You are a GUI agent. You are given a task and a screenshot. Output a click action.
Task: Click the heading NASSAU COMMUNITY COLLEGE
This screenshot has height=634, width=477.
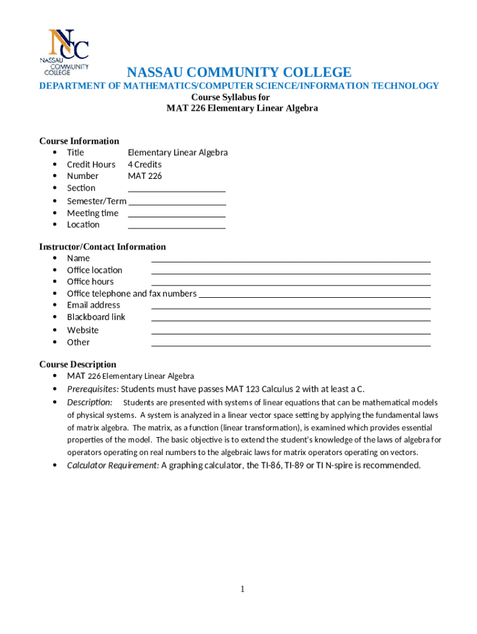pyautogui.click(x=239, y=72)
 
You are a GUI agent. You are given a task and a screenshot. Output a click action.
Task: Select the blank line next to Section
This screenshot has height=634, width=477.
pyautogui.click(x=176, y=189)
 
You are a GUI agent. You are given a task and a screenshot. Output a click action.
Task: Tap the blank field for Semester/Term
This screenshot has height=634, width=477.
pyautogui.click(x=177, y=202)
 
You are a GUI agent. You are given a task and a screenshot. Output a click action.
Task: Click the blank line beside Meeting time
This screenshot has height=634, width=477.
pyautogui.click(x=176, y=214)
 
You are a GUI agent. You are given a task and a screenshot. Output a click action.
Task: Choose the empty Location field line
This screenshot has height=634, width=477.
pyautogui.click(x=176, y=226)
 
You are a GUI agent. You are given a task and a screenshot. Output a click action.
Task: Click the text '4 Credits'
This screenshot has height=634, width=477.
pyautogui.click(x=144, y=164)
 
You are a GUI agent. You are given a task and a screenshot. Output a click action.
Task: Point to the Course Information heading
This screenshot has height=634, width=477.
pyautogui.click(x=79, y=141)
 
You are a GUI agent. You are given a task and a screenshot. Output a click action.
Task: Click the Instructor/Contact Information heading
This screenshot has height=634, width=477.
pyautogui.click(x=103, y=246)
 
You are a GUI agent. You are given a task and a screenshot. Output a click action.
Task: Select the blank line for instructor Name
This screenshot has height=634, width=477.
pyautogui.click(x=291, y=259)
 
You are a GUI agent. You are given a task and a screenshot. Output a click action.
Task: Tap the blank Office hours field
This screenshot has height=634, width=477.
pyautogui.click(x=291, y=283)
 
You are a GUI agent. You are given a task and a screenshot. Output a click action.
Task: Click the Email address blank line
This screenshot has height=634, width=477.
pyautogui.click(x=291, y=306)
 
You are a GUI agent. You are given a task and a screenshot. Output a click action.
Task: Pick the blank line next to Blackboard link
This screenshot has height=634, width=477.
pyautogui.click(x=291, y=318)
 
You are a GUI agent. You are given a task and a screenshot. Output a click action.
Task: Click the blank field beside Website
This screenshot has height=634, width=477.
pyautogui.click(x=291, y=331)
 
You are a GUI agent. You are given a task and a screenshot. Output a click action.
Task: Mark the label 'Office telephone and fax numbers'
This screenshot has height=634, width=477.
pyautogui.click(x=131, y=293)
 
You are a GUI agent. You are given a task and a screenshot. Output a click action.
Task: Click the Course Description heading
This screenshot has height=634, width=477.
pyautogui.click(x=77, y=364)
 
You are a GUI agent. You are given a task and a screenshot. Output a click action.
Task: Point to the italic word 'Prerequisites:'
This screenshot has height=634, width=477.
pyautogui.click(x=93, y=389)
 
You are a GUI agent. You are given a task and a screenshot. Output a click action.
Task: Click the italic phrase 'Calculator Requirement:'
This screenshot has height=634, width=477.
pyautogui.click(x=113, y=465)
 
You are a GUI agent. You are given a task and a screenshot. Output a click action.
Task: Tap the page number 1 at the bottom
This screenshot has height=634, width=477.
pyautogui.click(x=243, y=589)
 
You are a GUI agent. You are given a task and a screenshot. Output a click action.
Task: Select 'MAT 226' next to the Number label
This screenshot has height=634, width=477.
pyautogui.click(x=144, y=176)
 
